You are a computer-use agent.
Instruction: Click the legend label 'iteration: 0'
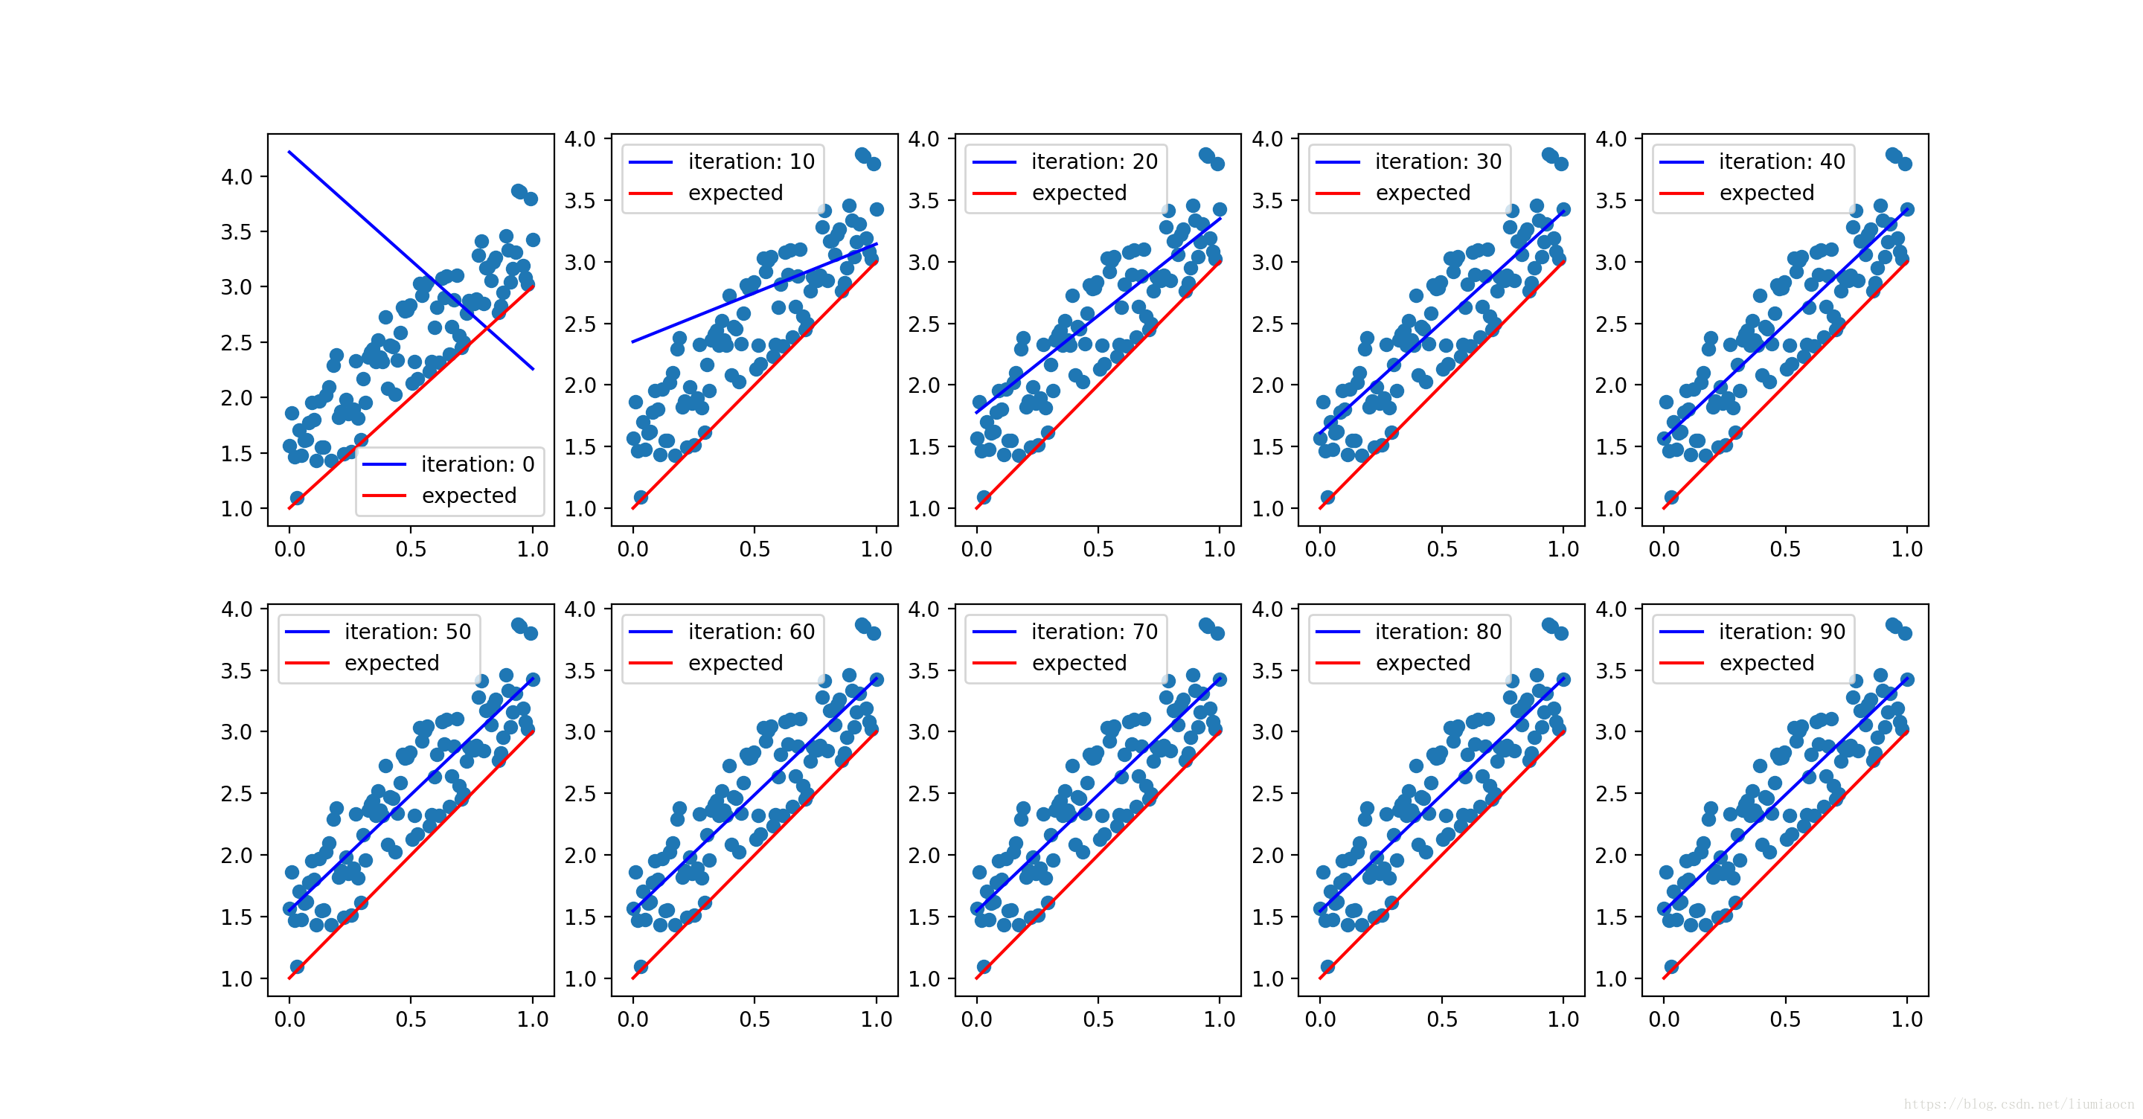click(478, 464)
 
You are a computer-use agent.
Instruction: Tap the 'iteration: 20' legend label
click(1094, 161)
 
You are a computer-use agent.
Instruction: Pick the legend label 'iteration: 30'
click(1438, 161)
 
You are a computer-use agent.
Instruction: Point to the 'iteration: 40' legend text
click(1781, 161)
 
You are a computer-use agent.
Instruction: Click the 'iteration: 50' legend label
click(408, 632)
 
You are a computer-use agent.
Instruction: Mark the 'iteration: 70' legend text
click(1094, 632)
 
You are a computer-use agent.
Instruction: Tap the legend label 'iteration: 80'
click(1438, 632)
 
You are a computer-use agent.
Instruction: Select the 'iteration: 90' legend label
click(1781, 632)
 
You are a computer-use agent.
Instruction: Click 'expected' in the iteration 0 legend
click(470, 496)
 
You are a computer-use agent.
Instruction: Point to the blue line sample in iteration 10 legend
click(650, 162)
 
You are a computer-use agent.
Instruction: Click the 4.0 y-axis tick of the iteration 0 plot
click(237, 176)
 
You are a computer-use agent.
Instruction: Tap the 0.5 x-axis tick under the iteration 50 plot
click(411, 1019)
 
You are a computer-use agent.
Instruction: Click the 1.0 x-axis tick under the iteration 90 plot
click(1906, 1019)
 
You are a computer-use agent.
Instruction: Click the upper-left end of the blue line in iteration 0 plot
click(289, 153)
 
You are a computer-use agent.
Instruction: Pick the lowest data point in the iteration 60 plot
click(641, 966)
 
